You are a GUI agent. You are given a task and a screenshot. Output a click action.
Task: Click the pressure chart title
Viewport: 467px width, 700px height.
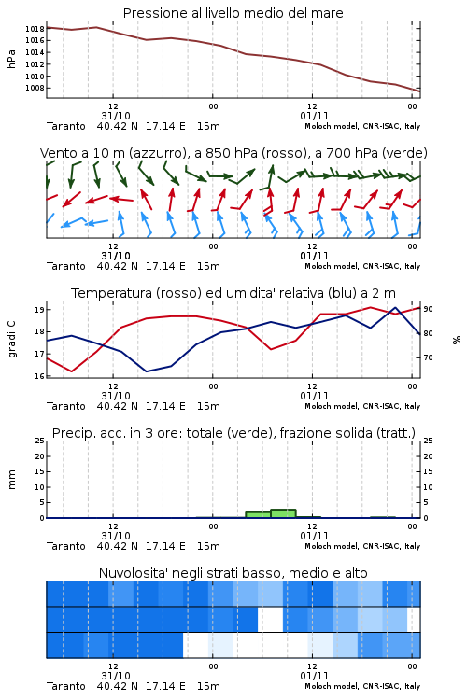point(233,13)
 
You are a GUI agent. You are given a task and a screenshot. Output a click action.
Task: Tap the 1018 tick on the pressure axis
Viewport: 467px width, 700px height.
point(35,29)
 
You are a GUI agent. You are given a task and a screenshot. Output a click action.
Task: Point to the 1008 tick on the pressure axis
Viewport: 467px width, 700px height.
point(35,88)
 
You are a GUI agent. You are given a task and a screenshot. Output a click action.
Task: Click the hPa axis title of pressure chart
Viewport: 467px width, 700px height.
point(11,59)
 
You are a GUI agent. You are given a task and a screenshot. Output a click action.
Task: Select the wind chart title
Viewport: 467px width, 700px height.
point(233,153)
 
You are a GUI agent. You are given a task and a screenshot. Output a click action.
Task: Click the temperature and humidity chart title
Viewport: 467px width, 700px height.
point(233,293)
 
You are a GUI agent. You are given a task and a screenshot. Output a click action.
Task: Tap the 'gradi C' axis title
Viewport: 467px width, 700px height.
point(12,340)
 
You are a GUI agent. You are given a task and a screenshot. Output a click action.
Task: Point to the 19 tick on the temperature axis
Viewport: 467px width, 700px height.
point(39,310)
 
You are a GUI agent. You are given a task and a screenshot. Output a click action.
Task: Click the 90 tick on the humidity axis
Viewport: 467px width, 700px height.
point(428,309)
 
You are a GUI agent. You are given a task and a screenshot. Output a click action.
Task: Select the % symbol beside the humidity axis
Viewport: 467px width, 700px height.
point(457,340)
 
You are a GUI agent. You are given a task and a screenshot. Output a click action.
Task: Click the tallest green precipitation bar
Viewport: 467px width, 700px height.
point(283,513)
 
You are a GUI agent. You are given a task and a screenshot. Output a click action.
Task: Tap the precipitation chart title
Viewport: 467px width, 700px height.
point(233,433)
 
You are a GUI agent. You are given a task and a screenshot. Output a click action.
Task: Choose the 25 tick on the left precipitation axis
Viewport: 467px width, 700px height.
point(39,441)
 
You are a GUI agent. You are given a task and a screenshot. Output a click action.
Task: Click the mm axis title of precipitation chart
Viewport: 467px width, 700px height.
point(12,480)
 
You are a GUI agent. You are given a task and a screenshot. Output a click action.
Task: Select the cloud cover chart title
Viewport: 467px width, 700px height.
point(233,573)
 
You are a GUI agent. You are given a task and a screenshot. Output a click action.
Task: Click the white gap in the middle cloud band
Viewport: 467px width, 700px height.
point(270,619)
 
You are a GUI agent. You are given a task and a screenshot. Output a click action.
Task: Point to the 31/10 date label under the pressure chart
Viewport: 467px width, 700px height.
point(116,116)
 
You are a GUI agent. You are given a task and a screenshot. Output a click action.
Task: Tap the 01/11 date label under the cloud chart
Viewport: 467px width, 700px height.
point(315,676)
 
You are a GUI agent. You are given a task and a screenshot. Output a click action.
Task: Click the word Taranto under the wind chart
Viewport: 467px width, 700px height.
point(66,267)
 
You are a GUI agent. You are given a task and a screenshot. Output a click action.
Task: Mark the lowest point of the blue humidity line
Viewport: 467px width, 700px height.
point(147,371)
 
